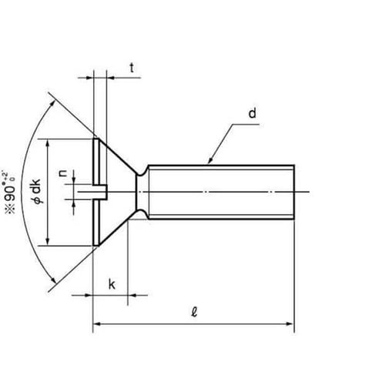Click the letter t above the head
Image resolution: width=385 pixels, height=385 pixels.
coord(132,69)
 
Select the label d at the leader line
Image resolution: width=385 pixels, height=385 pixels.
coord(252,114)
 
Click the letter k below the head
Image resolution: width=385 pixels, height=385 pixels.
coord(112,284)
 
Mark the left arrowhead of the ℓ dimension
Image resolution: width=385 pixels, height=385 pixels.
coord(95,326)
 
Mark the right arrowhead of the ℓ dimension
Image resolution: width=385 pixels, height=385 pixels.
coord(293,326)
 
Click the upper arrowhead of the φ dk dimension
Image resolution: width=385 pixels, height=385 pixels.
coord(49,142)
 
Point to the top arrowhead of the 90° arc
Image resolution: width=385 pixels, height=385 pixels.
coord(52,99)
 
